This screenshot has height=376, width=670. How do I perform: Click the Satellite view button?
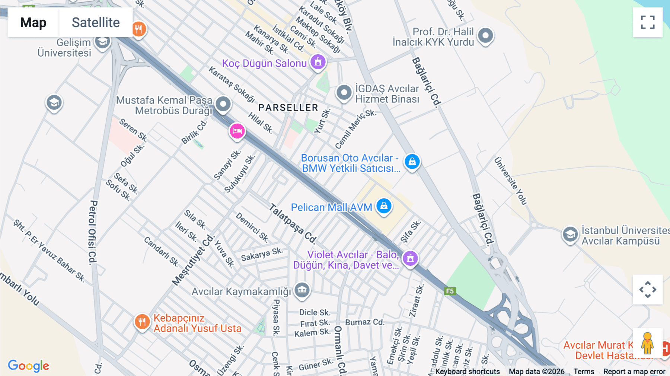click(x=96, y=22)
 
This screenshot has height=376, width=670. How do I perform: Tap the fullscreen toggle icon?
click(x=648, y=22)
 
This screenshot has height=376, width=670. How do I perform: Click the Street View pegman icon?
click(x=647, y=343)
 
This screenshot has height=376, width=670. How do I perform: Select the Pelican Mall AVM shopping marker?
click(x=384, y=206)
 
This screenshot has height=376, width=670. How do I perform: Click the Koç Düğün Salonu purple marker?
click(x=318, y=62)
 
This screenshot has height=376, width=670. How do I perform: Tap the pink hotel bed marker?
click(x=237, y=131)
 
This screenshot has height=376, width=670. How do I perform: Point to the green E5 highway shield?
click(x=450, y=291)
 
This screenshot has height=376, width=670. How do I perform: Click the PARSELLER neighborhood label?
click(x=288, y=108)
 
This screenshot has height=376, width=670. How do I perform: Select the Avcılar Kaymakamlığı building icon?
click(x=302, y=290)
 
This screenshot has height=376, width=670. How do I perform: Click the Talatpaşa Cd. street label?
click(x=293, y=223)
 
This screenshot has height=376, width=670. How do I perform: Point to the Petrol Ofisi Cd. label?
click(x=93, y=232)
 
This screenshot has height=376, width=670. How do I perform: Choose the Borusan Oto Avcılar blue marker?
click(x=412, y=162)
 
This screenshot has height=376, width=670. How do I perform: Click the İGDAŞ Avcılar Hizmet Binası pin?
click(x=344, y=92)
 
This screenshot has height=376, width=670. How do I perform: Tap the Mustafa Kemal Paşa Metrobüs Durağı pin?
click(x=223, y=104)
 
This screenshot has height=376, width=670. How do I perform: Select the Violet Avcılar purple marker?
click(x=410, y=258)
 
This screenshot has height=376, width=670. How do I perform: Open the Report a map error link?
click(x=634, y=372)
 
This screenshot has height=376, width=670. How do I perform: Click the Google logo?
click(x=28, y=366)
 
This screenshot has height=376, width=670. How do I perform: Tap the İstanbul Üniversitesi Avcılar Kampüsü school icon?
click(x=570, y=235)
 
